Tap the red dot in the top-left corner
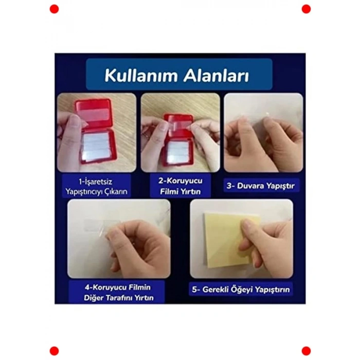pos(54,9)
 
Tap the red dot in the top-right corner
pos(306,9)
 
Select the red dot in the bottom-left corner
pos(54,351)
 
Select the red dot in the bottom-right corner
pos(306,351)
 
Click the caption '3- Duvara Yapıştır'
pos(262,185)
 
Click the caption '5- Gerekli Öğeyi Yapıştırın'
pos(242,290)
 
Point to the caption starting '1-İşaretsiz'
pos(95,186)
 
